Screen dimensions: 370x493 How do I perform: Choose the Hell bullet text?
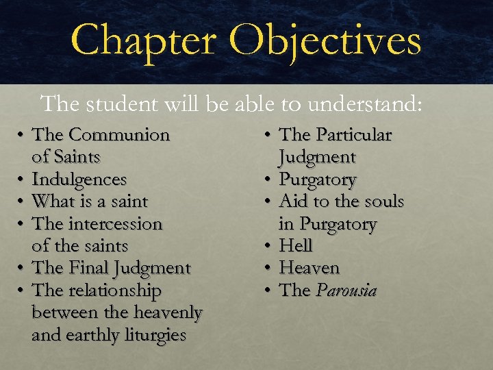click(x=296, y=246)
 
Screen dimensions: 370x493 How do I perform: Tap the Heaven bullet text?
click(x=309, y=268)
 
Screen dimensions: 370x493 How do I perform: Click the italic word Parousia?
click(x=346, y=291)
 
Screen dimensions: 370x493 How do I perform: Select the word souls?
click(x=384, y=202)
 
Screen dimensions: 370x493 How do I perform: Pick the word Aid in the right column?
click(x=294, y=202)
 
